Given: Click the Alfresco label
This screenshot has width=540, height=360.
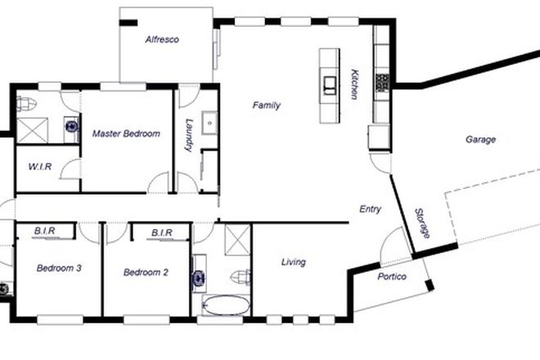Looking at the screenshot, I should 162,39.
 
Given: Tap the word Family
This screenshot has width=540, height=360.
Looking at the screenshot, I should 267,106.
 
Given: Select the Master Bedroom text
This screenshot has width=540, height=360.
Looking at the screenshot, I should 125,133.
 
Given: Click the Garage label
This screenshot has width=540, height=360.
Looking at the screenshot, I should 480,140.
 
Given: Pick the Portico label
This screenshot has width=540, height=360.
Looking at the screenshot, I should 392,277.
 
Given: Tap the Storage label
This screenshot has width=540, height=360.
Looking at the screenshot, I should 422,223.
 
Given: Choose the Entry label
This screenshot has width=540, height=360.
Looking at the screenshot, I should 371,209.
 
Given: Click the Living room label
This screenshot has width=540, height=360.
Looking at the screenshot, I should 293,262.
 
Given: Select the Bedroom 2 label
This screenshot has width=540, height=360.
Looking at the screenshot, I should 146,272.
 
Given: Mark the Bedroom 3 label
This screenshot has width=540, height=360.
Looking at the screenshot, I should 58,268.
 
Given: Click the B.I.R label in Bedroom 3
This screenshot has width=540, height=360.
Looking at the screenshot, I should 44,232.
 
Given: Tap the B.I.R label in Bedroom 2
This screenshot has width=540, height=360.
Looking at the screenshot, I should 161,233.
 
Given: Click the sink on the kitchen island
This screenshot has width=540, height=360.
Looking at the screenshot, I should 330,83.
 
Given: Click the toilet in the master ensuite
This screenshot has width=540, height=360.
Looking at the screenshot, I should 26,103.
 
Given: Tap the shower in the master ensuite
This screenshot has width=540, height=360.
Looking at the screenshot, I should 34,128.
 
